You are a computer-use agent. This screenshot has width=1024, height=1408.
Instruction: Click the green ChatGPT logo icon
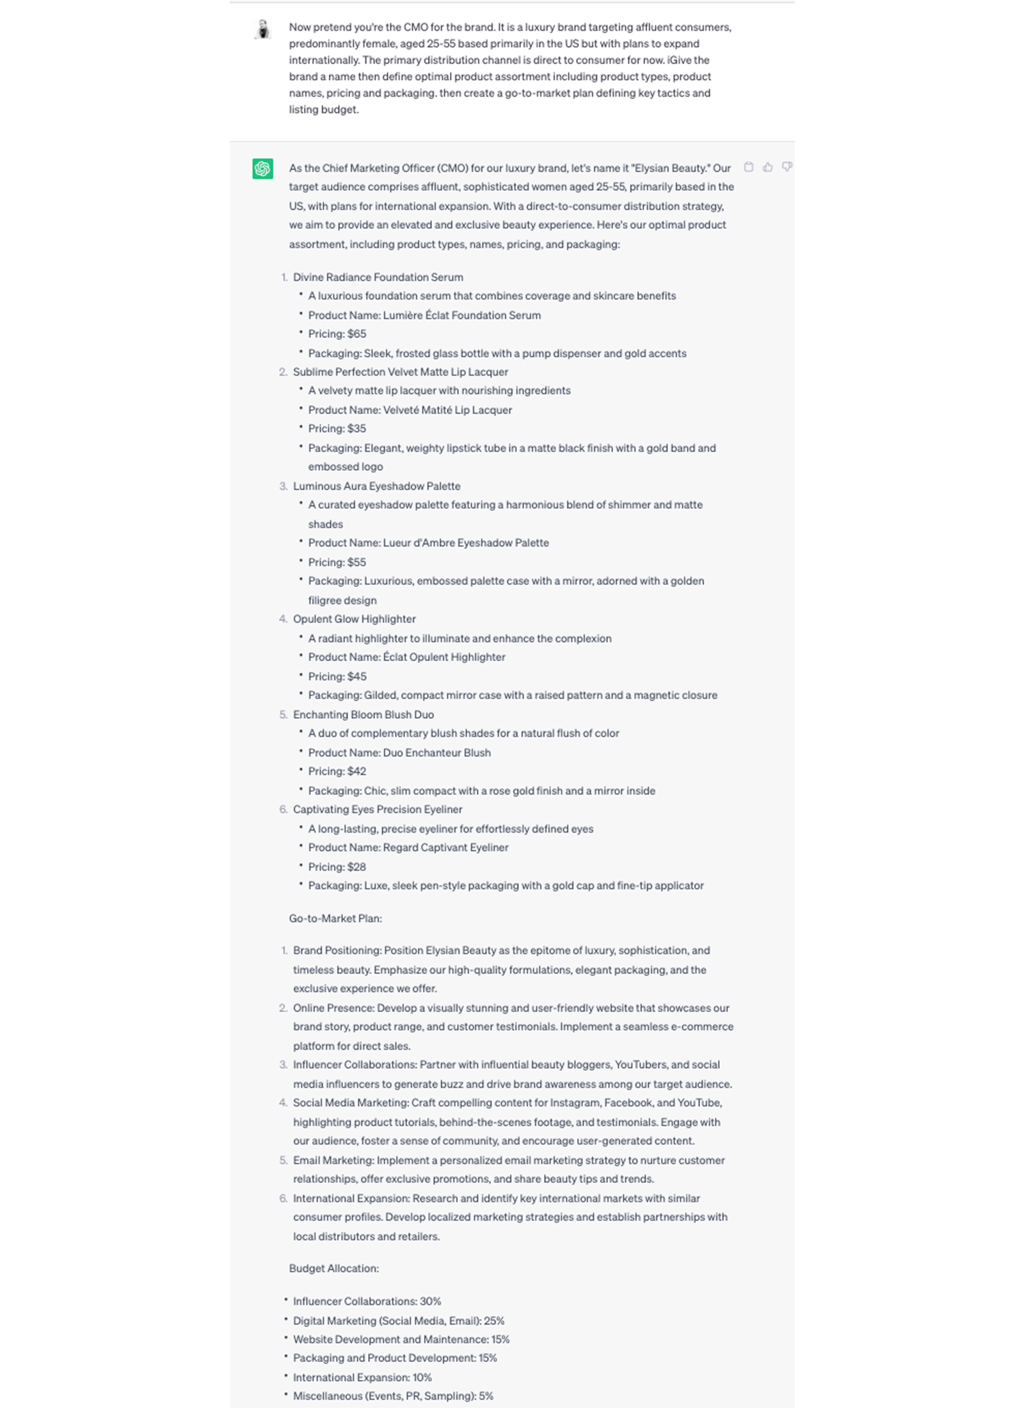[x=262, y=168]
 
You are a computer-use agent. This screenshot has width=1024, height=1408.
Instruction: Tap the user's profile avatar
[x=262, y=29]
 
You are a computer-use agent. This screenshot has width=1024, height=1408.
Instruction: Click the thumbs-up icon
[x=767, y=167]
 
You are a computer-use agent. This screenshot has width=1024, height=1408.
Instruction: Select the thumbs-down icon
[x=787, y=167]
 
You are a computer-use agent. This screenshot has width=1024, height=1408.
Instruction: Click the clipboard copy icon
[x=748, y=167]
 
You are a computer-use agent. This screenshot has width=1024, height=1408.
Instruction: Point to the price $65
[x=356, y=334]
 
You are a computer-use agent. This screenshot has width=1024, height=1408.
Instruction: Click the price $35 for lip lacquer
[x=356, y=429]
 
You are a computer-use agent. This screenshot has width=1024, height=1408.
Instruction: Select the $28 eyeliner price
[x=356, y=867]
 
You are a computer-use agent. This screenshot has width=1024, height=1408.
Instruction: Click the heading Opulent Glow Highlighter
[x=354, y=619]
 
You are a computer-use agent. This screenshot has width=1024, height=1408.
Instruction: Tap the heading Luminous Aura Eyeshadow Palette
[x=376, y=486]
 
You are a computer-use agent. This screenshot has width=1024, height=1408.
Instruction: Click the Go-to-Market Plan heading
[x=335, y=918]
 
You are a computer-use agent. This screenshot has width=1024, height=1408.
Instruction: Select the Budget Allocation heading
[x=333, y=1268]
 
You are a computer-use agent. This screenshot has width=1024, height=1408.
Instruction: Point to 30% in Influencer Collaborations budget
[x=430, y=1301]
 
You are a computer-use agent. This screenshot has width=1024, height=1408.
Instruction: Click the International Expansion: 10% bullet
[x=362, y=1377]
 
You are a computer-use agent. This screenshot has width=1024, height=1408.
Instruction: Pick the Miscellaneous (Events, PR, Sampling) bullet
[x=393, y=1396]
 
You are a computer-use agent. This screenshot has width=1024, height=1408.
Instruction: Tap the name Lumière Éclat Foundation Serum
[x=461, y=315]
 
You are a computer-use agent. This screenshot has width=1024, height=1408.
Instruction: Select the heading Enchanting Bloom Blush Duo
[x=363, y=714]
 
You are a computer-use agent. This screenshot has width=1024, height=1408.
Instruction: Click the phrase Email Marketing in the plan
[x=333, y=1160]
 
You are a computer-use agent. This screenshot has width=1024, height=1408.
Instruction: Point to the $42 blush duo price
[x=356, y=771]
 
